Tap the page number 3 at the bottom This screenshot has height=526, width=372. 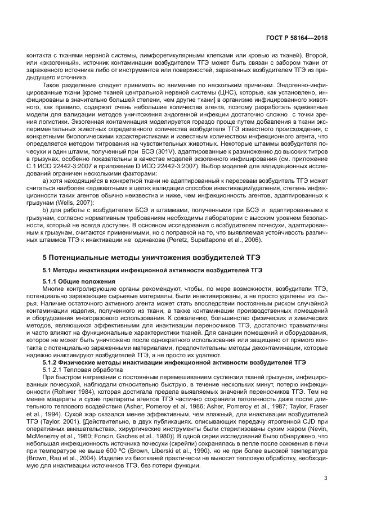coord(326,478)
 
